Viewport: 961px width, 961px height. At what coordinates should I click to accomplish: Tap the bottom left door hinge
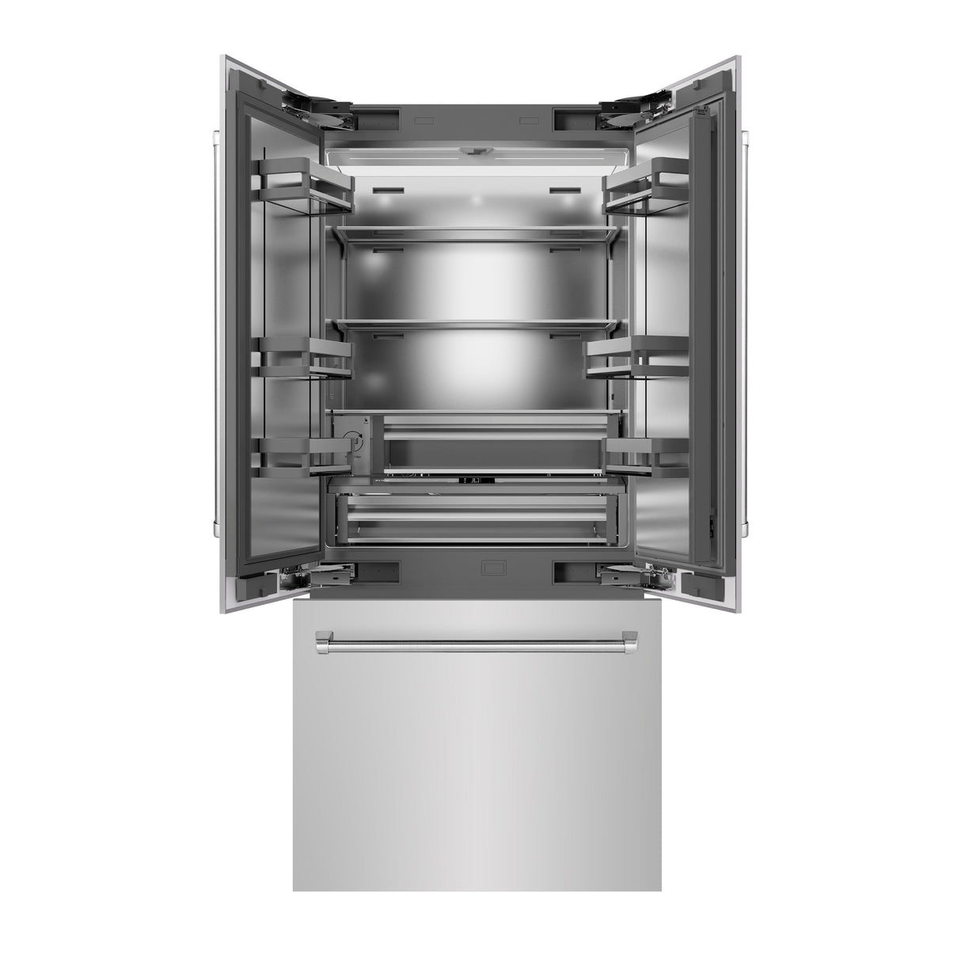pyautogui.click(x=317, y=577)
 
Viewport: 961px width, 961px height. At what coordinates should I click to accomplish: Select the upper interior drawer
pyautogui.click(x=495, y=443)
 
